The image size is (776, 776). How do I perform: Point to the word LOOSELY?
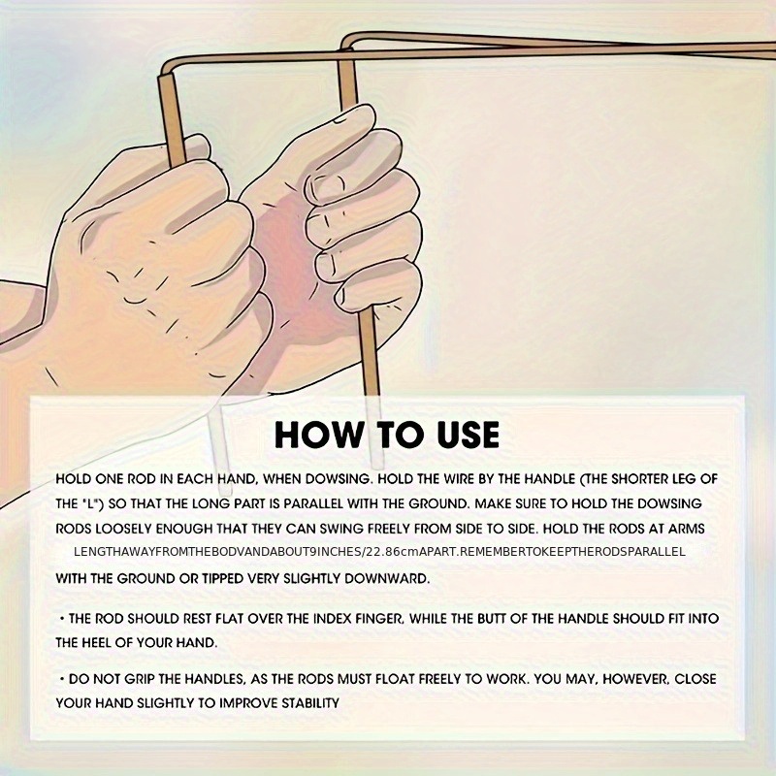pyautogui.click(x=123, y=529)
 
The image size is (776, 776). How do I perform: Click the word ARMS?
pyautogui.click(x=687, y=529)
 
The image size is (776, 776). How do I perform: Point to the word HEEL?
pyautogui.click(x=94, y=643)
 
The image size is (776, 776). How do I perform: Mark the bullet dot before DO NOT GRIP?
pyautogui.click(x=62, y=678)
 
